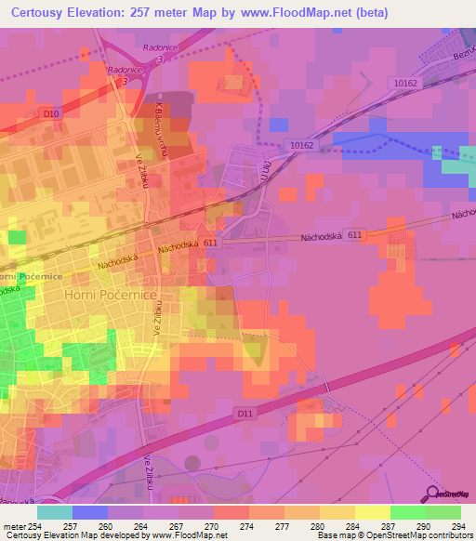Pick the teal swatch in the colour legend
pyautogui.click(x=55, y=512)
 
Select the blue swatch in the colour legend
pyautogui.click(x=90, y=512)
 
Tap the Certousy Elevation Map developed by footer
pyautogui.click(x=84, y=535)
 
